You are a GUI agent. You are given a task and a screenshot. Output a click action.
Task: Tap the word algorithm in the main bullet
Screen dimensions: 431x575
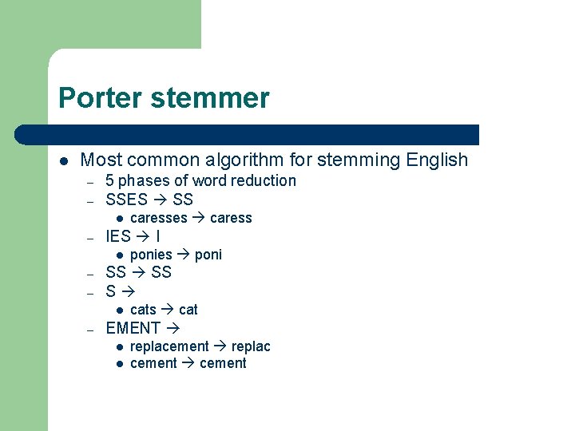[259, 160]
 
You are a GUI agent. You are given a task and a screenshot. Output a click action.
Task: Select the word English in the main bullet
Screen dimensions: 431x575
[436, 160]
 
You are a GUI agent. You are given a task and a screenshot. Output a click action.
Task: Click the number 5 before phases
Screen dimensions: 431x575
[110, 181]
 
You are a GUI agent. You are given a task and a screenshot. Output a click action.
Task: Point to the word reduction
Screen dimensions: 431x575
[264, 181]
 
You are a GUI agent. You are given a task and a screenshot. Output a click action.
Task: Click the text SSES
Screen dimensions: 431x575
[126, 200]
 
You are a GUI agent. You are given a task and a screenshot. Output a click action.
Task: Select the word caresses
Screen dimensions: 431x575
[158, 218]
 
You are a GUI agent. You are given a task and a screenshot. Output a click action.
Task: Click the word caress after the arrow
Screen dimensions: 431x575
[231, 218]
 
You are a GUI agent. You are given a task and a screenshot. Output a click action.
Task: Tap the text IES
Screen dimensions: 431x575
[118, 236]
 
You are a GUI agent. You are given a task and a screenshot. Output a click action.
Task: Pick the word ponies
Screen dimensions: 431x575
[151, 255]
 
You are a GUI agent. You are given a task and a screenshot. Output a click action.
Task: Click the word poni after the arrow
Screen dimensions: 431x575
[208, 255]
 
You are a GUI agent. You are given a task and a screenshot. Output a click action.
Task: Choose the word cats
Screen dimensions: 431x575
[143, 310]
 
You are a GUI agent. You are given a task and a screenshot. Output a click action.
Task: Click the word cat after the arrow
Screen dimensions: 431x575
[188, 310]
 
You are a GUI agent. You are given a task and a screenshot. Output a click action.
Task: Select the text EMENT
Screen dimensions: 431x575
[133, 328]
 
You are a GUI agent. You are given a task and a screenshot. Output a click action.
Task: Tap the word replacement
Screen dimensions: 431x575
[169, 346]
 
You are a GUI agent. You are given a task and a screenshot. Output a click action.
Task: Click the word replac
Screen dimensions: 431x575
[251, 346]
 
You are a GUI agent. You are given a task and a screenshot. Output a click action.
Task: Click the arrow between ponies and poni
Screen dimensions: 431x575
[183, 255]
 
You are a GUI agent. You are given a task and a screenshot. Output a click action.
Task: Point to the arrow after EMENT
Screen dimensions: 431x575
[172, 328]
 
